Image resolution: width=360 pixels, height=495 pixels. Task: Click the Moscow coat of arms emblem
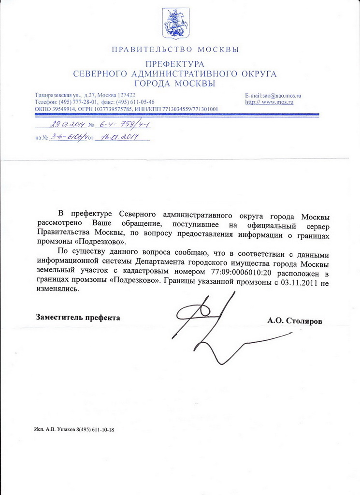175,23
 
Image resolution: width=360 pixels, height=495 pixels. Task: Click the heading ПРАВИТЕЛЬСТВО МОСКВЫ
175,49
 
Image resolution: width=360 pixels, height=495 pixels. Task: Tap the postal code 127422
124,95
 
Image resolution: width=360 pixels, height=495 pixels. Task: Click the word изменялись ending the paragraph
57,290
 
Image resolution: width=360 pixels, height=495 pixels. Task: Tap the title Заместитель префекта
78,318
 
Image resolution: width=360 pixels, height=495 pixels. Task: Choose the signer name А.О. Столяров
294,320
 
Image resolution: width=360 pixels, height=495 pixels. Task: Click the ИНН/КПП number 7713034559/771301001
187,109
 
